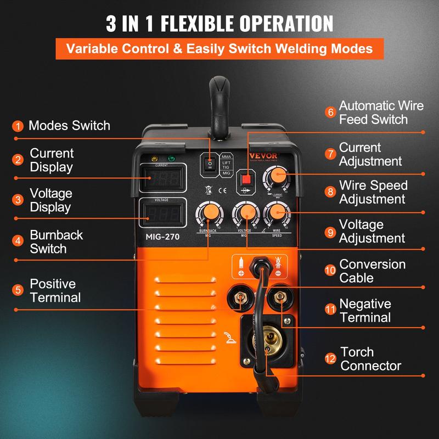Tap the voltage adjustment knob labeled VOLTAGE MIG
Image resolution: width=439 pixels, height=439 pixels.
click(245, 213)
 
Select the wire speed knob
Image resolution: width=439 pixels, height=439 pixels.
click(277, 212)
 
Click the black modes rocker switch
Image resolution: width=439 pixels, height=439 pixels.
click(209, 164)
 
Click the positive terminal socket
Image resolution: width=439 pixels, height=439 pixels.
click(240, 299)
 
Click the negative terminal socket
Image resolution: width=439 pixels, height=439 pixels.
click(280, 298)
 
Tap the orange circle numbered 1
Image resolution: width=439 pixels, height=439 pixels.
click(19, 126)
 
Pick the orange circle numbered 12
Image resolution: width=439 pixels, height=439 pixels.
click(330, 358)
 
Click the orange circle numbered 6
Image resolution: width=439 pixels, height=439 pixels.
click(330, 112)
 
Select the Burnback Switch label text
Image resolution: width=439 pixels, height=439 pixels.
click(56, 241)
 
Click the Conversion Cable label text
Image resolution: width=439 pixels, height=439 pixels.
click(372, 271)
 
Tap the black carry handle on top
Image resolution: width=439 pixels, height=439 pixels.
click(218, 104)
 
